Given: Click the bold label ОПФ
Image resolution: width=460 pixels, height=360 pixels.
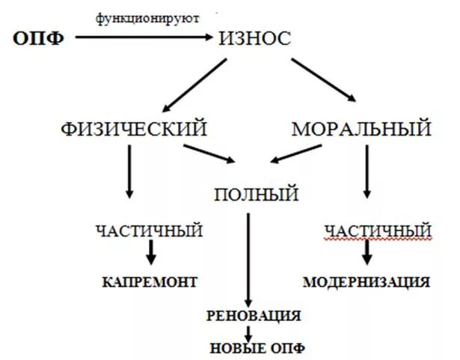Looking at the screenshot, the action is tap(37, 38).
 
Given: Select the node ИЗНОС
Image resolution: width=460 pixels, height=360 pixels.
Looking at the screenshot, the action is tap(254, 38).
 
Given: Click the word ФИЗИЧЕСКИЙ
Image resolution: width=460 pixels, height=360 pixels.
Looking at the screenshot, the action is tap(134, 129).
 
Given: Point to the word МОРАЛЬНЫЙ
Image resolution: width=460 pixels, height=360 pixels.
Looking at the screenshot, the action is tap(361, 129).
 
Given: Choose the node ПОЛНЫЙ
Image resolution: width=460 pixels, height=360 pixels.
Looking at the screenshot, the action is tap(256, 195).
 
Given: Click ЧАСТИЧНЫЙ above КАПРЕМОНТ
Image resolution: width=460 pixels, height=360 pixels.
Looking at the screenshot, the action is tap(149, 231).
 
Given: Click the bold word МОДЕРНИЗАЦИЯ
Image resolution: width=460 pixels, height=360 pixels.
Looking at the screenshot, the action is tap(367, 282).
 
